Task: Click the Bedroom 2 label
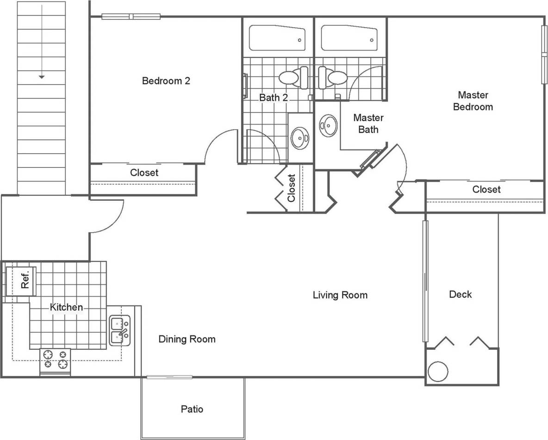(x=166, y=81)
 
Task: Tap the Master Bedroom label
(x=473, y=101)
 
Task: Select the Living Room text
(x=340, y=295)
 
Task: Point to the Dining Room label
(x=187, y=339)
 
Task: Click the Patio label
(x=192, y=409)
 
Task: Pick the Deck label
(x=460, y=294)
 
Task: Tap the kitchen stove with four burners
(x=55, y=359)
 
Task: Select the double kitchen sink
(x=120, y=330)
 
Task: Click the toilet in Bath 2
(x=293, y=77)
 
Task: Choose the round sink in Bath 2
(x=300, y=137)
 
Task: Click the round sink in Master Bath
(x=329, y=125)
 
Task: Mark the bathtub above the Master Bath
(x=349, y=38)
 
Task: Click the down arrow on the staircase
(x=41, y=76)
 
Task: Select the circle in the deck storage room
(x=437, y=372)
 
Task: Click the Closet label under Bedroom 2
(x=144, y=173)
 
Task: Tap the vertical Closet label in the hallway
(x=291, y=188)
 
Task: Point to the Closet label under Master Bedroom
(x=486, y=189)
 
